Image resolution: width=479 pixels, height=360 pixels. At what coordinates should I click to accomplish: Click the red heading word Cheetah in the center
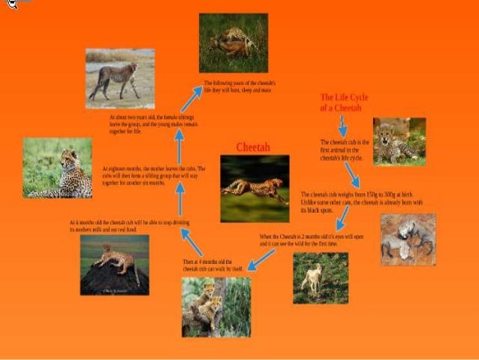(x=252, y=147)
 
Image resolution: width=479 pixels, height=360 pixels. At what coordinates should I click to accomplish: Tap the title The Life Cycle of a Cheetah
(x=341, y=103)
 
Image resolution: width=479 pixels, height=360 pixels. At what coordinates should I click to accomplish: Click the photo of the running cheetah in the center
(x=255, y=189)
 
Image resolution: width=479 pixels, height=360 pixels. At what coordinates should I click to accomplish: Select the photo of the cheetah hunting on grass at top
(x=233, y=43)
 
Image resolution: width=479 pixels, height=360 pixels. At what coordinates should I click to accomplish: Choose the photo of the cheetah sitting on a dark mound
(x=114, y=265)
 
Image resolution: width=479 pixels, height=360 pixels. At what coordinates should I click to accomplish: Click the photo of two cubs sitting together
(x=215, y=307)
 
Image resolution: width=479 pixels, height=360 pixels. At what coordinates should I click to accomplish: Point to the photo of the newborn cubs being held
(x=408, y=240)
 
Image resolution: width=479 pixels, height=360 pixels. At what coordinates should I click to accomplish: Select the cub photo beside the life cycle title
(x=399, y=141)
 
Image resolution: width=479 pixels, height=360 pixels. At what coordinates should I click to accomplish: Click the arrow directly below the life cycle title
(x=342, y=126)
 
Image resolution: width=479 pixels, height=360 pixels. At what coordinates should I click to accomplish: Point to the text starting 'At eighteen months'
(x=153, y=176)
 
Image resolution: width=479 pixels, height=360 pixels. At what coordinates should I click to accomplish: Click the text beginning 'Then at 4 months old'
(x=213, y=265)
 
